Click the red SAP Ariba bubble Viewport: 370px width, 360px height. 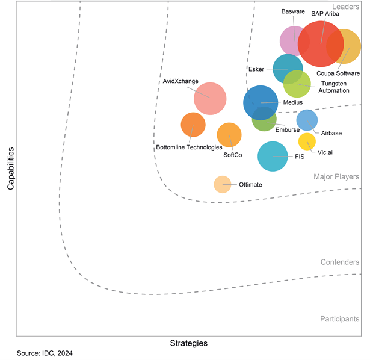click(321, 44)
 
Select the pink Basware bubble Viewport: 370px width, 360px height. click(294, 41)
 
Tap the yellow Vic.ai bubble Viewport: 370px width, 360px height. click(307, 141)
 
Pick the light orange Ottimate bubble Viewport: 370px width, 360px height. click(222, 184)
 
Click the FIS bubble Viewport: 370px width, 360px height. click(273, 156)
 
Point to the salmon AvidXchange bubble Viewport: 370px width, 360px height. click(210, 99)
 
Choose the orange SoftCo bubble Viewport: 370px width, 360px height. click(229, 135)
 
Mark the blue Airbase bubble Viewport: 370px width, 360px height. click(307, 120)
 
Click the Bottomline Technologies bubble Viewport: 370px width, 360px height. click(193, 125)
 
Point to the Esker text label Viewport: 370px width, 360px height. click(256, 69)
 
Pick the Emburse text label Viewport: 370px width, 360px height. click(287, 129)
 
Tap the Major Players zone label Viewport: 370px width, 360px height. click(336, 176)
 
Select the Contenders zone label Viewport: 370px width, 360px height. click(340, 262)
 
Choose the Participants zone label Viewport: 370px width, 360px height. click(340, 318)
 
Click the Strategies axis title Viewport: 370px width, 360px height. click(188, 343)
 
